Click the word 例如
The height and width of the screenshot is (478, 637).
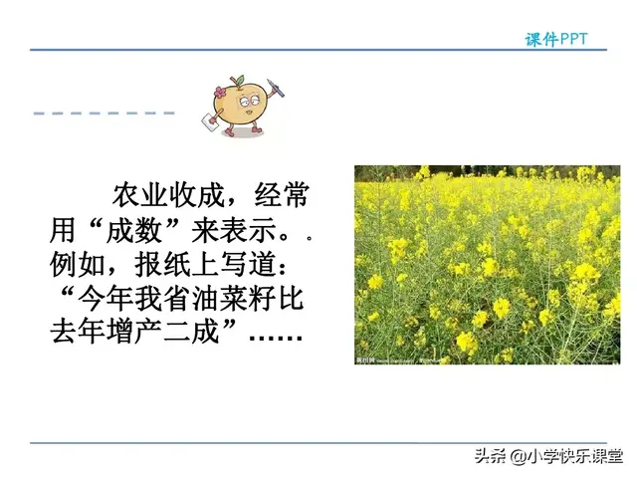pos(76,265)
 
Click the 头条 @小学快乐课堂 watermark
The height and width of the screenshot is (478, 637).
pos(547,457)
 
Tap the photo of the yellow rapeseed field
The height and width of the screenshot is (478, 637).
pos(487,265)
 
